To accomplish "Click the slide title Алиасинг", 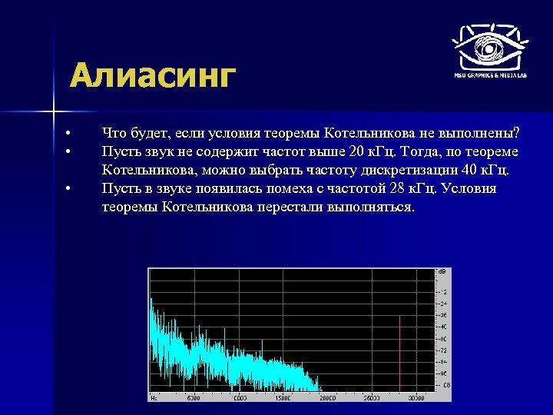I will pos(151,77).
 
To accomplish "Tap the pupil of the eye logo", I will pos(488,45).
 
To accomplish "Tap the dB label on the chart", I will pos(442,272).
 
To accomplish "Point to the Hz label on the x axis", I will pos(154,398).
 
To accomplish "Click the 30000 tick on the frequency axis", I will pos(416,398).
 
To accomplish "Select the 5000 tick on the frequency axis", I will pos(193,398).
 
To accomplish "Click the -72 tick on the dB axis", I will pos(442,349).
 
